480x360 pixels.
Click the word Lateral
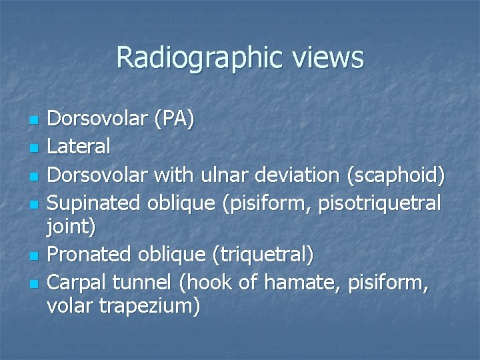[x=79, y=146]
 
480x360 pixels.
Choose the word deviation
[x=297, y=175]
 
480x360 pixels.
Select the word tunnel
[x=145, y=283]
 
